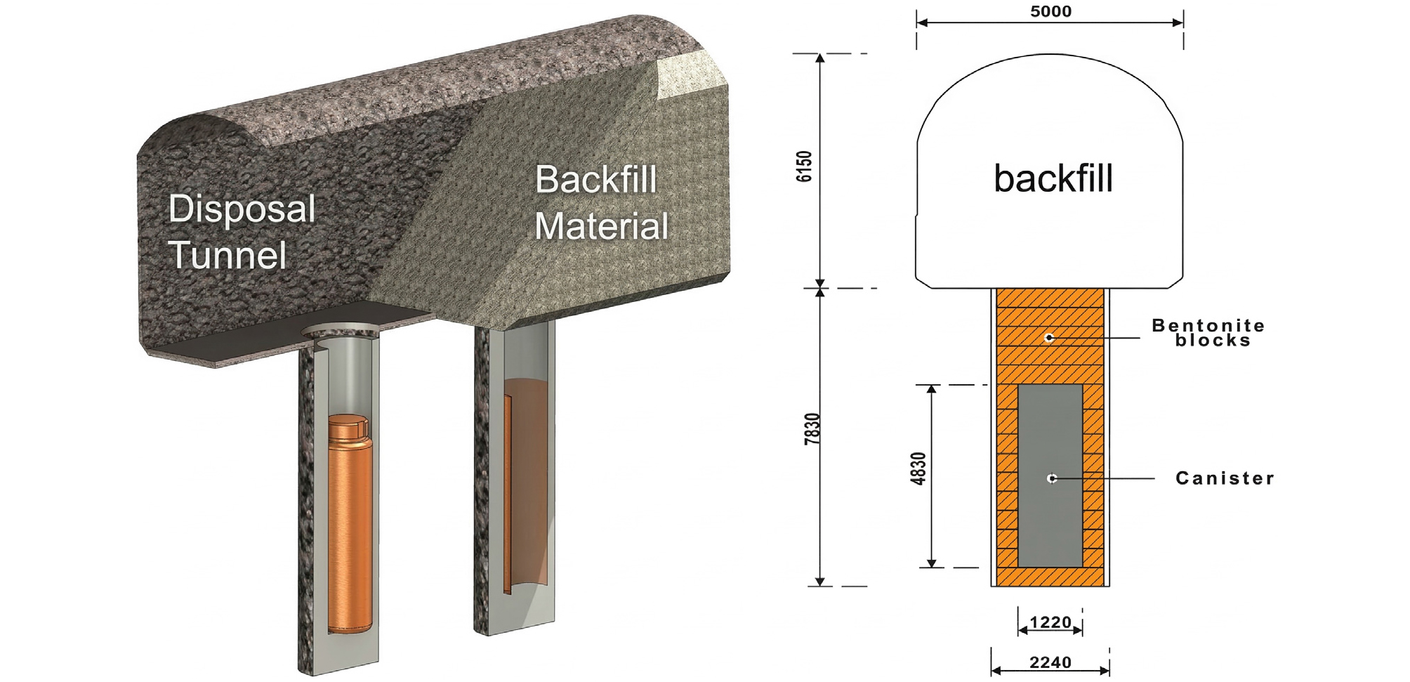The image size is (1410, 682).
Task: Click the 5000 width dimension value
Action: pos(1050,11)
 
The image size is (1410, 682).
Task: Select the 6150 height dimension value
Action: pos(804,166)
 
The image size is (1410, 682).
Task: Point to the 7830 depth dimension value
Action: pos(812,428)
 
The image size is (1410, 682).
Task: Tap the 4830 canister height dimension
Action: pos(918,468)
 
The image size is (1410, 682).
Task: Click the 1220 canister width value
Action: pos(1050,622)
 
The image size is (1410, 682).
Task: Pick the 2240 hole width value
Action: pos(1050,662)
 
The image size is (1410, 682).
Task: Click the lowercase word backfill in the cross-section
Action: pos(1053,178)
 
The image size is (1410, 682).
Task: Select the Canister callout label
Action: pos(1225,478)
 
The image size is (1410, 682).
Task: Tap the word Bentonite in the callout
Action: pos(1208,325)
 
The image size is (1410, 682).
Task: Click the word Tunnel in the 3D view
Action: pos(228,254)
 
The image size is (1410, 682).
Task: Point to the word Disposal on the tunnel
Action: pos(242,209)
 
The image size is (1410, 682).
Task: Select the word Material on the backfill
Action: pos(602,226)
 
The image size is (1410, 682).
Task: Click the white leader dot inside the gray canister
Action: pos(1052,478)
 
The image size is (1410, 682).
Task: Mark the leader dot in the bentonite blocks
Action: pos(1049,338)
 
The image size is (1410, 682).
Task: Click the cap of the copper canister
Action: pos(349,427)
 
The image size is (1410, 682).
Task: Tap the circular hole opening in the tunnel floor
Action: pos(341,329)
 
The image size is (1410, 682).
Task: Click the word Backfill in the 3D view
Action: pos(596,179)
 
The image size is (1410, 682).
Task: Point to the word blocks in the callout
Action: pos(1213,341)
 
